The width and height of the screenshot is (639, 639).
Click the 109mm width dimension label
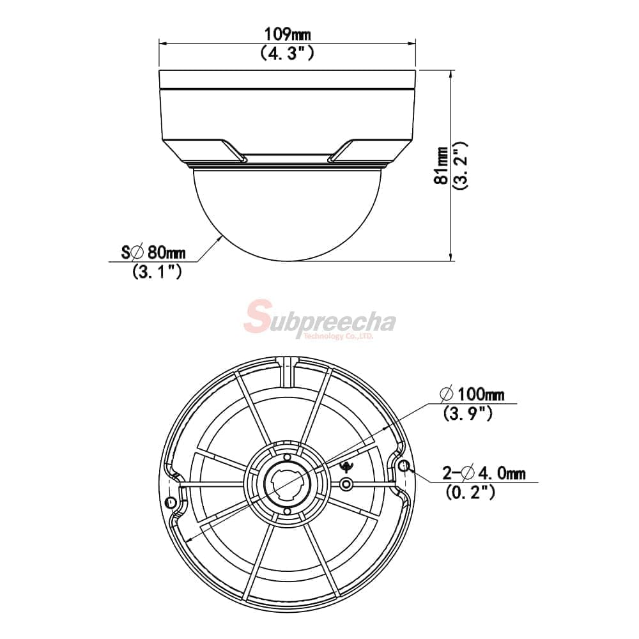[288, 35]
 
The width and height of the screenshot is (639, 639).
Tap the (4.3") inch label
[288, 54]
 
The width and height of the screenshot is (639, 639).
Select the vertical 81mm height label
[441, 166]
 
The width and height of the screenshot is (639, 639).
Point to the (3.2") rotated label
[460, 166]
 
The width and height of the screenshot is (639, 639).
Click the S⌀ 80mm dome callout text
[153, 252]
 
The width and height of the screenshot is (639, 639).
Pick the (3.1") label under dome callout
[157, 271]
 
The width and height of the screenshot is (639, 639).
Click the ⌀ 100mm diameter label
[472, 394]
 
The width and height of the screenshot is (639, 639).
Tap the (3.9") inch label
[468, 413]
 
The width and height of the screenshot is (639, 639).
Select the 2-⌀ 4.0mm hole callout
[484, 473]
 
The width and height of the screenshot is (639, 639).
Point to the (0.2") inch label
[471, 492]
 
